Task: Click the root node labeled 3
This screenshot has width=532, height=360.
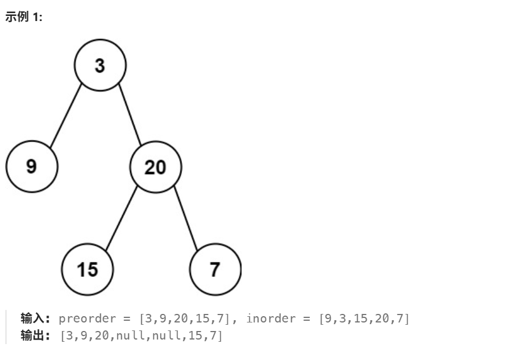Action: pos(100,65)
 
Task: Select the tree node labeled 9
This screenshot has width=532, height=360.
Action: pos(32,167)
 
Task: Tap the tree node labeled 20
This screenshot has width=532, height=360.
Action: pos(155,167)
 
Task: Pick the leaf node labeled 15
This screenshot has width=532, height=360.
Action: pos(88,268)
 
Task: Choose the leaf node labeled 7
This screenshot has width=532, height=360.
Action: pos(215,268)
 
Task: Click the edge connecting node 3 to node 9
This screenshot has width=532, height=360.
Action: pos(66,116)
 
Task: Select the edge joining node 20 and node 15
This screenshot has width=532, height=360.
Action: pos(121,218)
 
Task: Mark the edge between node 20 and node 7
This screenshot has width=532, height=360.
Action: pos(186,218)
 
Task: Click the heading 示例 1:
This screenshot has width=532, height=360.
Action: pos(24,17)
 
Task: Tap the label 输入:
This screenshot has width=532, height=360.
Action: pos(36,318)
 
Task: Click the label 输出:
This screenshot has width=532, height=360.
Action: pos(36,336)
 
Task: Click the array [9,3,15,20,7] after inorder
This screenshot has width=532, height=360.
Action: pos(364,318)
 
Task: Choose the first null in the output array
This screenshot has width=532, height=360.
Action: pos(129,336)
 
